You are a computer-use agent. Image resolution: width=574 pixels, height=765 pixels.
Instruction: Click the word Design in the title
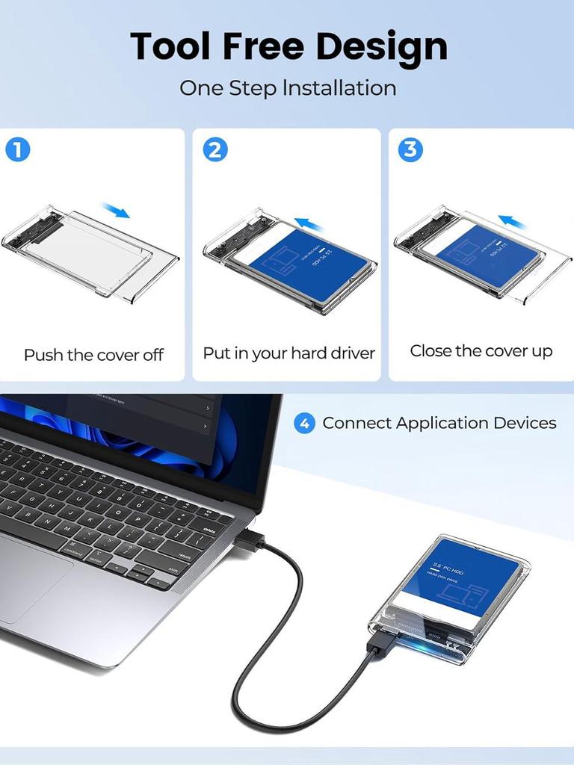coord(379,46)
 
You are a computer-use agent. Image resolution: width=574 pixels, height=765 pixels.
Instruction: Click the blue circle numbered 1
coord(18,150)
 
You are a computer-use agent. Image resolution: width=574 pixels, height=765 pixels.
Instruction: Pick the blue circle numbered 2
coord(215,150)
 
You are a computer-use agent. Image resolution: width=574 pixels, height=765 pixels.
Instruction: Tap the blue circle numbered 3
coord(410,149)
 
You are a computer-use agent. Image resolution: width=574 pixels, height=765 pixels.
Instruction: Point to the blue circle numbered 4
coord(304,424)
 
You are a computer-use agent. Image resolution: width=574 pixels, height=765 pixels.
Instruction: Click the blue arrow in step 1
coord(116,210)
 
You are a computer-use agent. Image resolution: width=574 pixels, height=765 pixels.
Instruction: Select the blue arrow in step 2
coord(308,223)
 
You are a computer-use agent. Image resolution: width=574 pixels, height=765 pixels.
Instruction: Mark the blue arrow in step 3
coord(513,221)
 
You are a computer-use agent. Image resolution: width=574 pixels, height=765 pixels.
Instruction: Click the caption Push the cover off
coord(93,355)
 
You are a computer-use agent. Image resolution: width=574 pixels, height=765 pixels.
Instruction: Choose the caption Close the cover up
coord(481,351)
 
